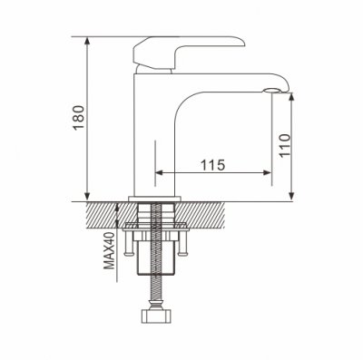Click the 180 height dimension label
79,118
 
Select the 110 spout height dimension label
285,145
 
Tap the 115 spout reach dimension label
213,165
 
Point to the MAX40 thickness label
110,251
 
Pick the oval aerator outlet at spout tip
273,91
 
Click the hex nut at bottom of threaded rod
157,316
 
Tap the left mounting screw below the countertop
127,243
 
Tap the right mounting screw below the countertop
182,243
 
